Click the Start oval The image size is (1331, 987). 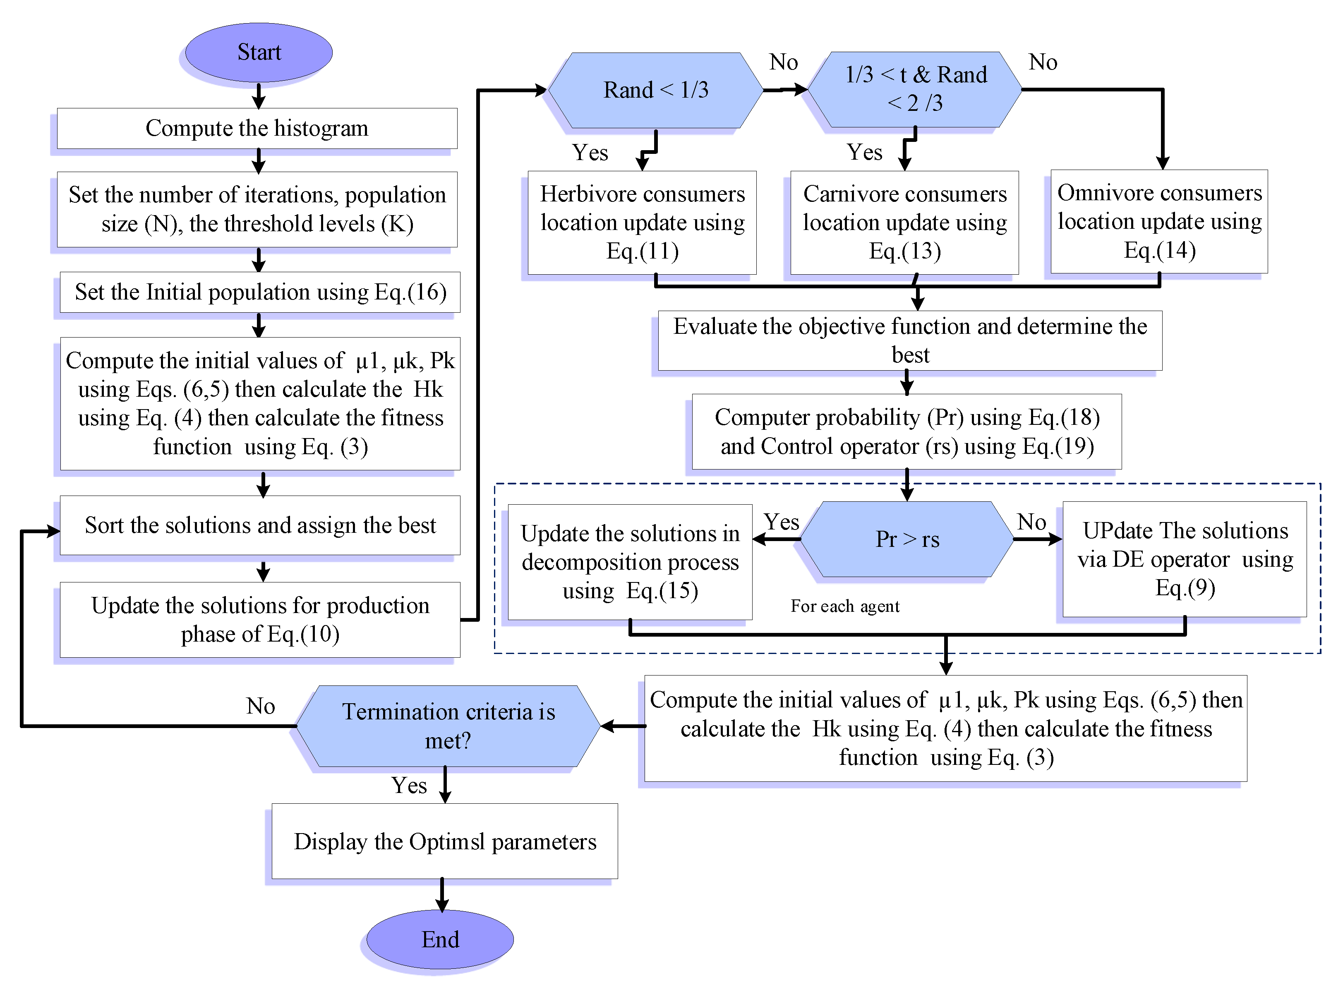click(259, 53)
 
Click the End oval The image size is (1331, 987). click(440, 939)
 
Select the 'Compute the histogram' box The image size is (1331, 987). click(257, 128)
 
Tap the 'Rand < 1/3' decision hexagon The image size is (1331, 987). click(655, 90)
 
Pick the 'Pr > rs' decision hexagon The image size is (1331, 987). click(907, 539)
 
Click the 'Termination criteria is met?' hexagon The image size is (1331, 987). click(448, 726)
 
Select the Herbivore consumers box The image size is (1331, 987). click(642, 222)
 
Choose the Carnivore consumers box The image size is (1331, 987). click(904, 222)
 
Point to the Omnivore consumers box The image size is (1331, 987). click(1159, 221)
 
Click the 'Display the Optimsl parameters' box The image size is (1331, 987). click(444, 841)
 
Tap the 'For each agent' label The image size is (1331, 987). click(845, 606)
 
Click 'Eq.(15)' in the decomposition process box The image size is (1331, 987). click(662, 591)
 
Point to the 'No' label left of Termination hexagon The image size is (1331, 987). click(261, 706)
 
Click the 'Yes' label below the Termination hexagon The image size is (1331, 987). click(409, 785)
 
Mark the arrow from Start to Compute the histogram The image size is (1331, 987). click(259, 96)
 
